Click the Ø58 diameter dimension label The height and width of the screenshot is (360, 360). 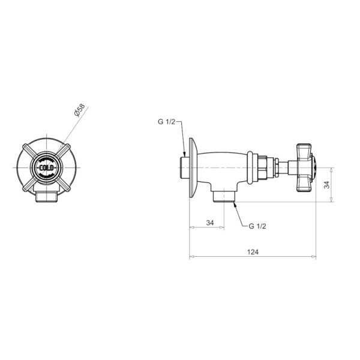coord(80,110)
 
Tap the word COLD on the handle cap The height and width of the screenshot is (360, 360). coord(46,168)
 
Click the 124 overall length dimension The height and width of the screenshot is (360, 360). coord(253,252)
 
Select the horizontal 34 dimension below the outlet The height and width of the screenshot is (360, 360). coord(210,223)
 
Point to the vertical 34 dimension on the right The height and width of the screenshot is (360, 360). coord(326,185)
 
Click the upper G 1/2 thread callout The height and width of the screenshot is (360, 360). coord(166,122)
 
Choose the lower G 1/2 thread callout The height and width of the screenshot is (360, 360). coord(257,226)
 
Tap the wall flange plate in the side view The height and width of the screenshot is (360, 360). coord(193,167)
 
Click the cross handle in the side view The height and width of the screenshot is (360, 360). coord(305,168)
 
